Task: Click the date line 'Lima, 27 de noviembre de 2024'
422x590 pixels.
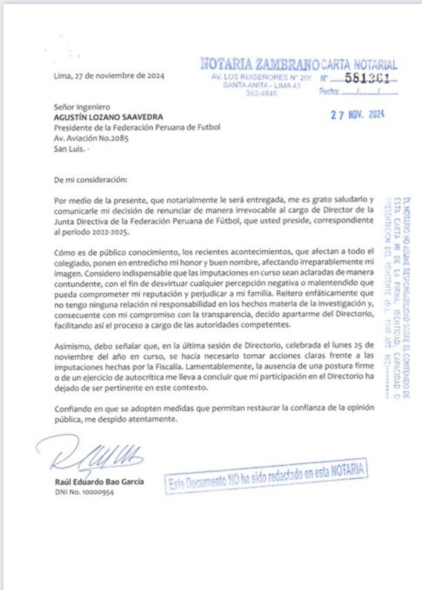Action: pos(108,75)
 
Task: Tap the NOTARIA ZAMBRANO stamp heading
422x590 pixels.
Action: pos(259,65)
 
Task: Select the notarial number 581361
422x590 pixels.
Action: pos(366,79)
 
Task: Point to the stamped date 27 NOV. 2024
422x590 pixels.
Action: pos(357,115)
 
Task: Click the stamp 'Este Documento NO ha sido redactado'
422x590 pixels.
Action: pos(265,480)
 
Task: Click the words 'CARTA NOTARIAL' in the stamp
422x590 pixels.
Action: pos(359,65)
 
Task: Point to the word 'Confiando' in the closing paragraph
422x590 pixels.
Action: pos(74,409)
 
